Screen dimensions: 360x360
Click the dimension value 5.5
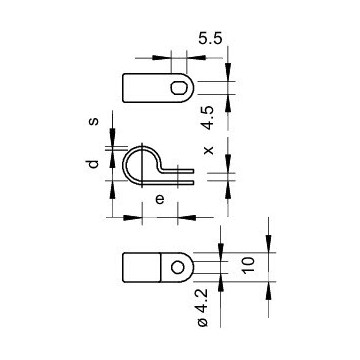tap(210, 39)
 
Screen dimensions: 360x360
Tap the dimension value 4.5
tap(208, 118)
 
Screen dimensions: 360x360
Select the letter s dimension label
tap(94, 120)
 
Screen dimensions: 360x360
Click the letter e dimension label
tap(160, 199)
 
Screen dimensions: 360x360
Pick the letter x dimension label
tap(209, 150)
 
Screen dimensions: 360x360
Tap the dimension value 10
tap(248, 266)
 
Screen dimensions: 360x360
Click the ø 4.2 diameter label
tap(203, 308)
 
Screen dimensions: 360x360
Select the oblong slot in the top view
tap(179, 88)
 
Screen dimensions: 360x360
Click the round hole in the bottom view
tap(177, 267)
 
